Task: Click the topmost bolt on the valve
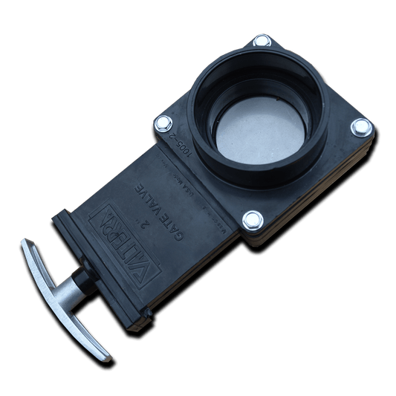pyautogui.click(x=262, y=41)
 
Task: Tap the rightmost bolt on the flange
pyautogui.click(x=361, y=128)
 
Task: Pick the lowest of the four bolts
pyautogui.click(x=253, y=219)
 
